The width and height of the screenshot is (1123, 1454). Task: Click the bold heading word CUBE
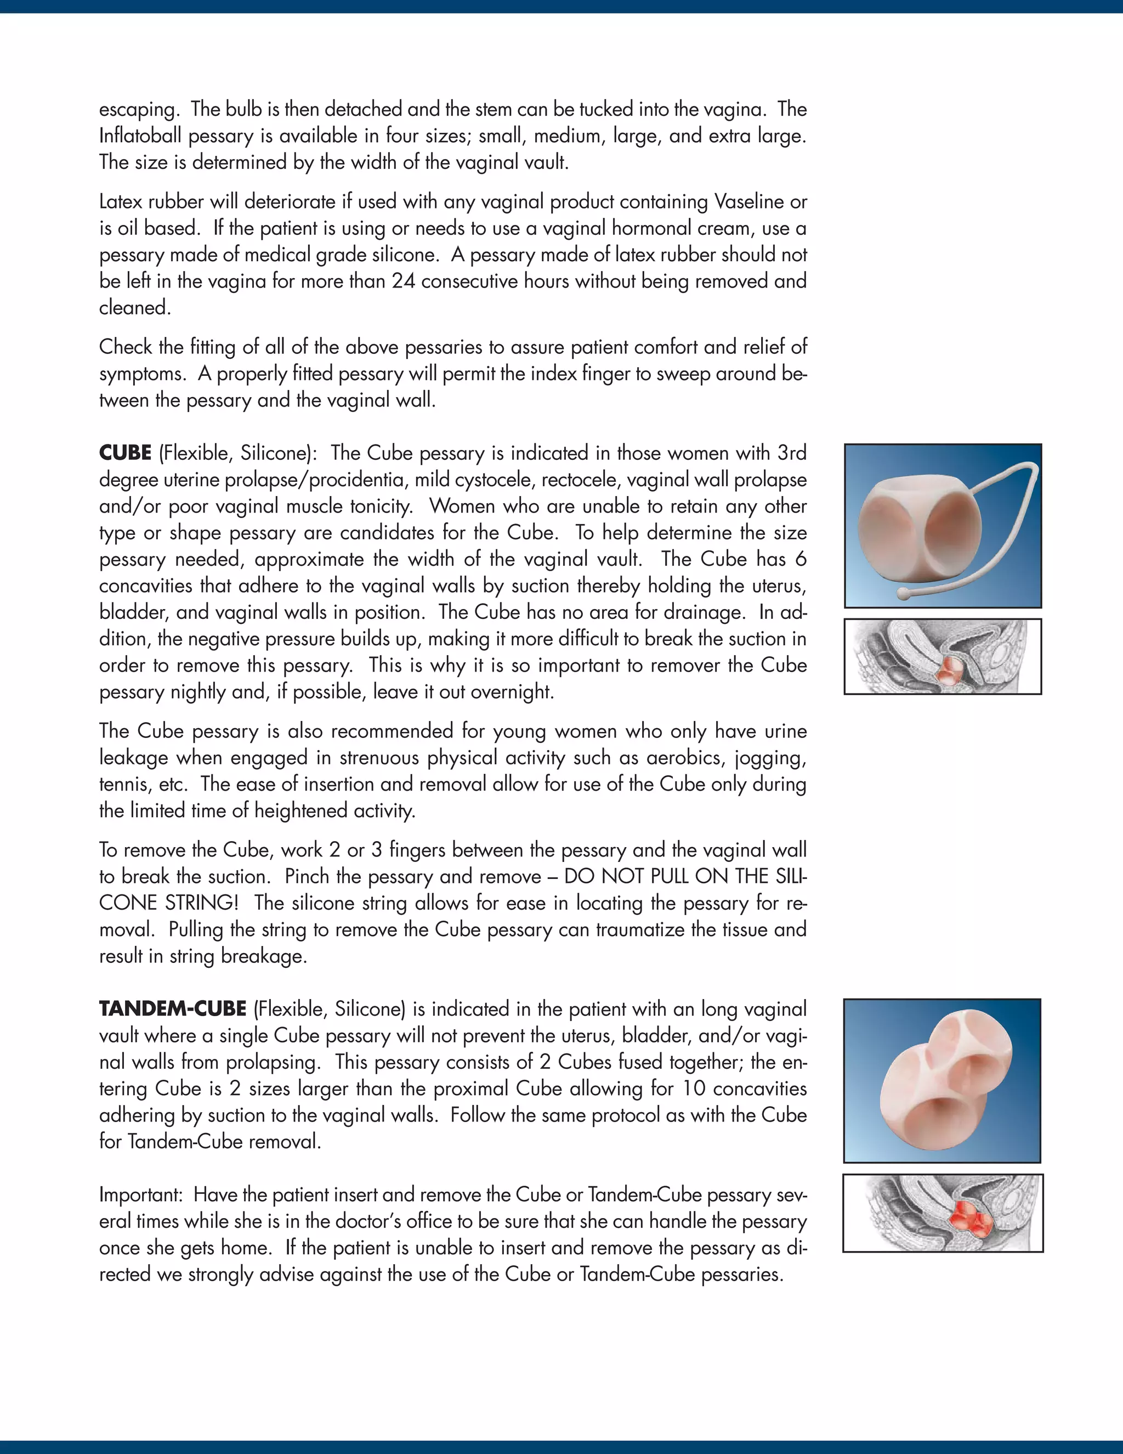125,453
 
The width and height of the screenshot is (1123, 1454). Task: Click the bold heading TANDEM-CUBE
173,1009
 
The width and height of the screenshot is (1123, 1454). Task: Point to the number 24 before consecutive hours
403,281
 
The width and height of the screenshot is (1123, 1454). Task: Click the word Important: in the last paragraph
140,1195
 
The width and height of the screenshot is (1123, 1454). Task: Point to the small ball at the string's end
902,593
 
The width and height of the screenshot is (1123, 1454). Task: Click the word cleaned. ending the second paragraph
135,308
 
